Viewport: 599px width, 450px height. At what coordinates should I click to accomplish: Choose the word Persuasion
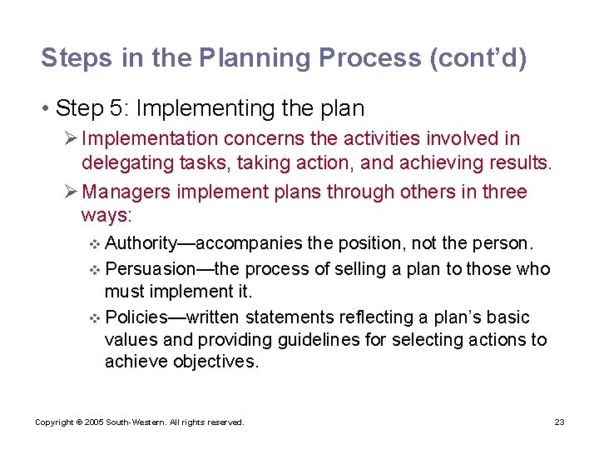click(148, 268)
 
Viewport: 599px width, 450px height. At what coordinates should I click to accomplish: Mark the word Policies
click(136, 317)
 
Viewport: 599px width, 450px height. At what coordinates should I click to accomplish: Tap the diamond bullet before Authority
click(93, 244)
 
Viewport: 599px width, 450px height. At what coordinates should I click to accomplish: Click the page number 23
click(559, 422)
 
